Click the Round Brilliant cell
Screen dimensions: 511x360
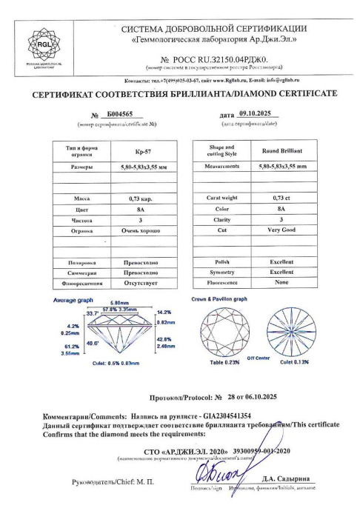point(281,151)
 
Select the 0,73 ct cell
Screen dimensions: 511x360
point(281,198)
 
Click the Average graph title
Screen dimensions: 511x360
point(73,300)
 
